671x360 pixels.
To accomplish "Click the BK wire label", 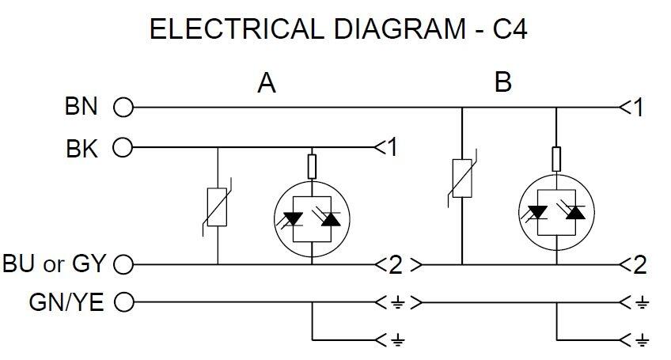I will tap(82, 148).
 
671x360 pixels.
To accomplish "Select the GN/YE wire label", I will tap(67, 302).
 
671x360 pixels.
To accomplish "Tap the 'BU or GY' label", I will tap(55, 264).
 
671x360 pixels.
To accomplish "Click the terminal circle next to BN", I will tap(123, 107).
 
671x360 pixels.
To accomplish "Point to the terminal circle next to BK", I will tap(123, 148).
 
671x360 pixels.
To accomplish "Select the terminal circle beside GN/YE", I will tap(123, 302).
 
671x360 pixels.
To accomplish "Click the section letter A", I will tap(267, 83).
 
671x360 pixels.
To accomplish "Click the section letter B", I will tap(502, 82).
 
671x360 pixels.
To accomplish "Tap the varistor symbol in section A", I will tap(217, 207).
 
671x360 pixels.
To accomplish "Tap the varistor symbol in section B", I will tap(461, 178).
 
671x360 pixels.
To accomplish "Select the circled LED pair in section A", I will tap(311, 216).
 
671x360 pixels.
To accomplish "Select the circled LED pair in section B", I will tap(555, 211).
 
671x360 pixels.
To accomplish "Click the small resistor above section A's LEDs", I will tap(311, 166).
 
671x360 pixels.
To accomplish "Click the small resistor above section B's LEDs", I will tap(555, 157).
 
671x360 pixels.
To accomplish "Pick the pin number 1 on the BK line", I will tap(390, 148).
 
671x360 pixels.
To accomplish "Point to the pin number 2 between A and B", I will tap(396, 265).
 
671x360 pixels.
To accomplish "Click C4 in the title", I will tap(511, 30).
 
